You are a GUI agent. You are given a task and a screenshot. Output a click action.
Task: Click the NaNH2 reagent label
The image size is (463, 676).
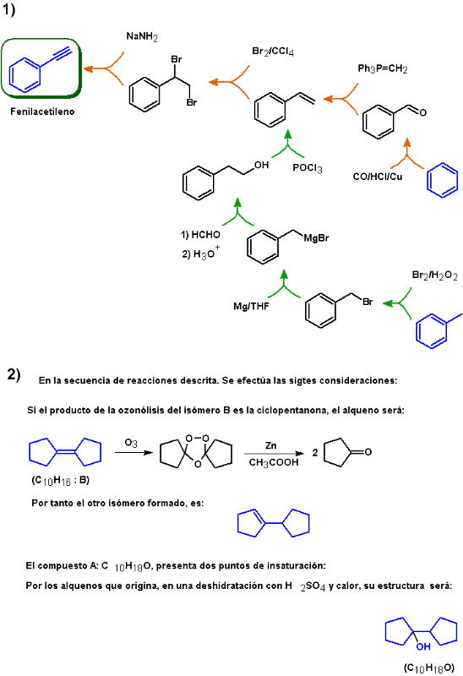click(x=142, y=36)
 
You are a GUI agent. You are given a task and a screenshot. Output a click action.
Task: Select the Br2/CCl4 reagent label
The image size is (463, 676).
click(x=273, y=52)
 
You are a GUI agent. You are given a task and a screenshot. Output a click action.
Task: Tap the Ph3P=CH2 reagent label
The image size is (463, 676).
click(x=383, y=68)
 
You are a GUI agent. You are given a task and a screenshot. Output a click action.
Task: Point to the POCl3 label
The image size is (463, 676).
click(x=308, y=168)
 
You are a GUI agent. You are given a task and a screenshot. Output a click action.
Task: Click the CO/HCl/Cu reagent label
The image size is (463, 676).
click(x=377, y=177)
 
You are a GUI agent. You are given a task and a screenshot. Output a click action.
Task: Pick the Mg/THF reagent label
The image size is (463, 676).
click(x=251, y=306)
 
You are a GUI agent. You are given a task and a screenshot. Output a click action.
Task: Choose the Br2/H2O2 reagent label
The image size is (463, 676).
click(x=434, y=275)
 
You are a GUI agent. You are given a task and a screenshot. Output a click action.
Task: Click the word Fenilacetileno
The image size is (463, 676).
click(x=42, y=112)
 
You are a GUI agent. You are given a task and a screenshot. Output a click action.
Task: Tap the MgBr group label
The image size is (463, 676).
click(x=316, y=238)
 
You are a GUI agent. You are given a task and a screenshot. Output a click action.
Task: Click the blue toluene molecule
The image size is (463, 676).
click(x=436, y=330)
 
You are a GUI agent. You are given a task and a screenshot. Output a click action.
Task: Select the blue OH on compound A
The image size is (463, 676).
click(x=423, y=646)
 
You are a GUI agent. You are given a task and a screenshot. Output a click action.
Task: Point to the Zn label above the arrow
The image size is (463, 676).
click(x=270, y=445)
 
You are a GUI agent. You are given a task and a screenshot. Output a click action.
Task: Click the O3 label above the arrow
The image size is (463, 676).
click(x=131, y=443)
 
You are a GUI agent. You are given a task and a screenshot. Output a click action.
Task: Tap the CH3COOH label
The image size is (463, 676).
click(x=274, y=462)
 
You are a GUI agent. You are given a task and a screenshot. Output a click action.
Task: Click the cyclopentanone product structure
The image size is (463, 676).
click(x=347, y=452)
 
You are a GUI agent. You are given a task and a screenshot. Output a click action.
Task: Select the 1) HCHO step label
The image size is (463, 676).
click(x=200, y=235)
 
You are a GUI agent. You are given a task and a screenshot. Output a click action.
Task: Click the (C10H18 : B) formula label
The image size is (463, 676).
click(x=60, y=480)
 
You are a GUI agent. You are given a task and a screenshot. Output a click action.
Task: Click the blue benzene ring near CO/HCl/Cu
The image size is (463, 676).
click(x=443, y=180)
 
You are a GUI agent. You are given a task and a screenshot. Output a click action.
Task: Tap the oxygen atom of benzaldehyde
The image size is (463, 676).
click(x=423, y=112)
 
